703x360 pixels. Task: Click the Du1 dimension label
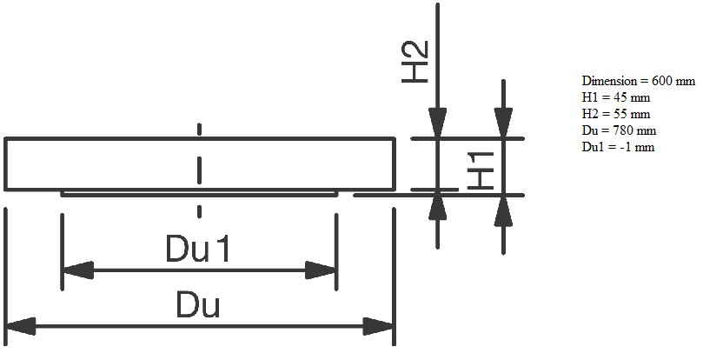[x=198, y=251]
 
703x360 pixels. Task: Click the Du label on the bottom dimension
[x=198, y=305]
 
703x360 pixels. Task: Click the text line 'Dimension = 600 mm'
[x=638, y=81]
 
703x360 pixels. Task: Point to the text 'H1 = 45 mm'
[x=616, y=97]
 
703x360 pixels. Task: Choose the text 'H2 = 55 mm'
[x=616, y=114]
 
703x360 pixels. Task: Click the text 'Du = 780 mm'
[x=619, y=130]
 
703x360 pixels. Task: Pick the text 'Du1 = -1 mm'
[x=618, y=147]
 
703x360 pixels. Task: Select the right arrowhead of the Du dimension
[x=379, y=327]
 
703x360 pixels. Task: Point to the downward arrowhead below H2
[x=438, y=122]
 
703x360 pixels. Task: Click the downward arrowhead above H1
[x=503, y=122]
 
